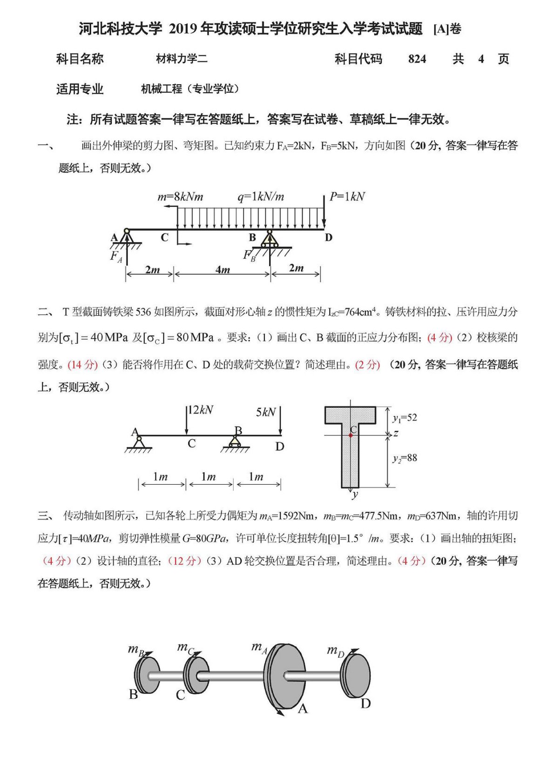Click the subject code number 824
tap(417, 59)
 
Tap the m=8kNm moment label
tap(180, 197)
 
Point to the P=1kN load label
tap(347, 197)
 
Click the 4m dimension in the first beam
tap(223, 270)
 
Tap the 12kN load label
tap(201, 410)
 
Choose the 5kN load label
tap(266, 412)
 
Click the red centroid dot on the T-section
tap(351, 435)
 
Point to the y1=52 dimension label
tap(405, 418)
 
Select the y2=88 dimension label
tap(405, 458)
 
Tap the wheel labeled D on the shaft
tap(356, 676)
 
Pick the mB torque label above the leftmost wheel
tap(136, 649)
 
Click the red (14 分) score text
tap(82, 364)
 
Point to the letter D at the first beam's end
tap(329, 238)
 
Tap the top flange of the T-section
tap(350, 415)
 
